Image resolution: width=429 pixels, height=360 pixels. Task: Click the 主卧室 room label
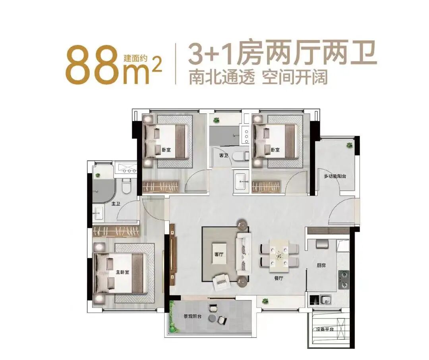click(x=123, y=272)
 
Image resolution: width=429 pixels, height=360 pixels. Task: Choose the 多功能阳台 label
click(x=334, y=176)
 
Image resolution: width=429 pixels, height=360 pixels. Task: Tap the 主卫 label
click(x=116, y=205)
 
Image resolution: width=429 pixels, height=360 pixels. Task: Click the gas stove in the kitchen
click(x=343, y=279)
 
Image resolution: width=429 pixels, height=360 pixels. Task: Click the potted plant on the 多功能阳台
click(x=349, y=145)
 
